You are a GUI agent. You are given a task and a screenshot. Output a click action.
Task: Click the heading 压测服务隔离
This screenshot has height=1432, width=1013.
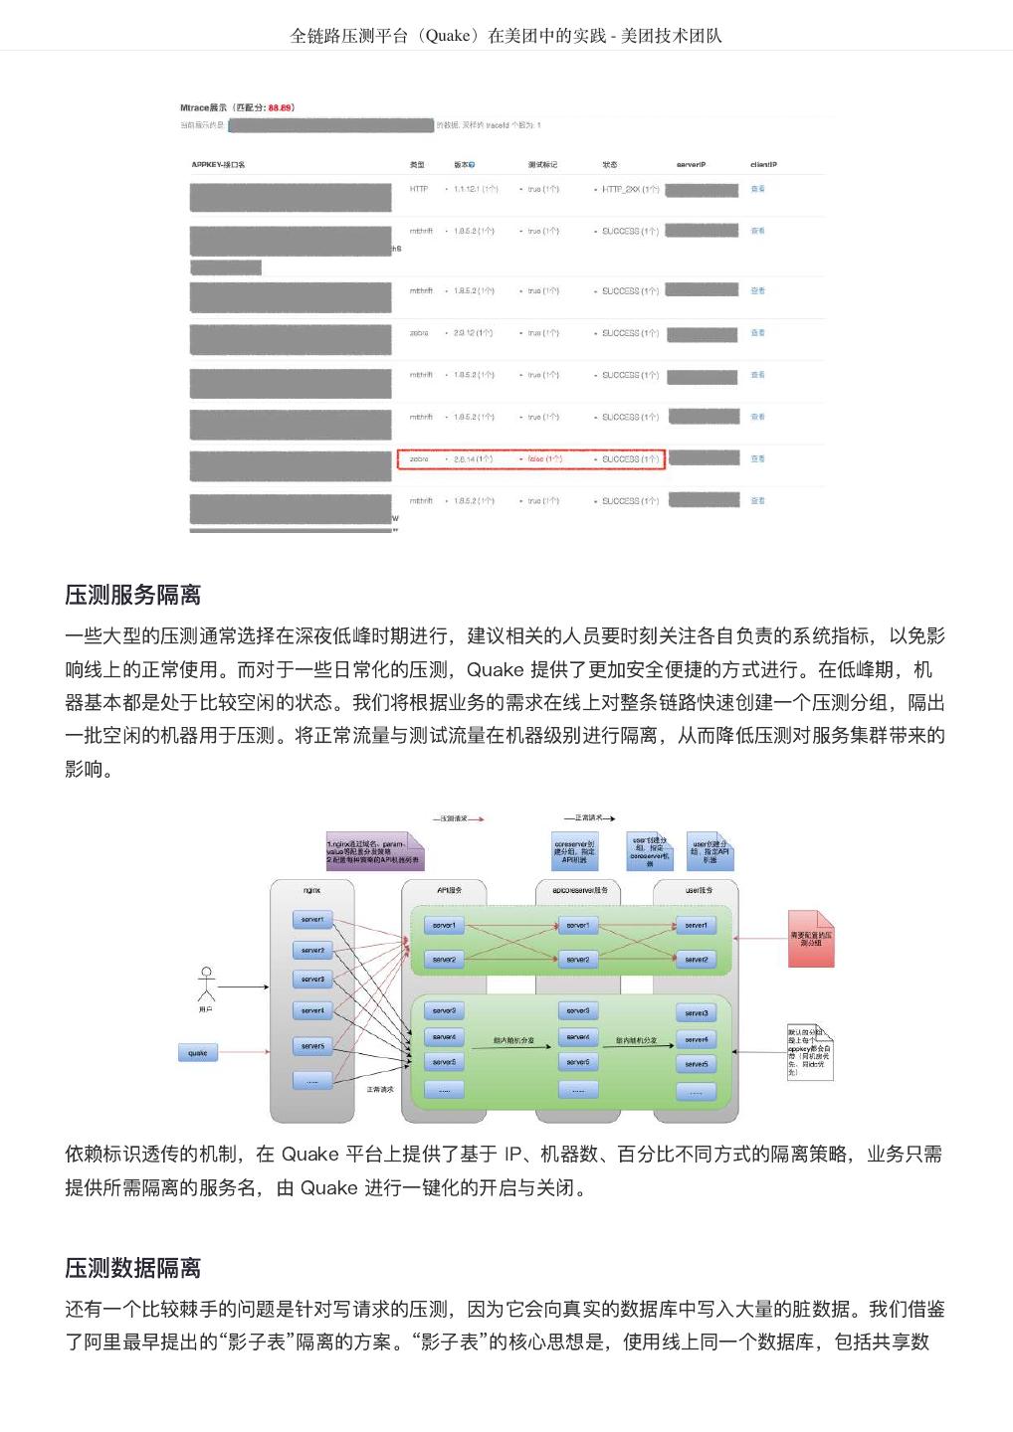coord(133,595)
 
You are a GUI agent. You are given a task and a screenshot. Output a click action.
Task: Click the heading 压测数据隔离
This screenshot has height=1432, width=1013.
coord(133,1268)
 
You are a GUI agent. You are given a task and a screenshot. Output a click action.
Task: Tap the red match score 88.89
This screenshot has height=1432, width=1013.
coord(280,107)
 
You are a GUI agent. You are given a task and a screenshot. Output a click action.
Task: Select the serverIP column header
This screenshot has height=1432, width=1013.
coord(691,164)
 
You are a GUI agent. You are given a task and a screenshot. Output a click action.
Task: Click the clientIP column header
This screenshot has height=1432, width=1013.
coord(763,164)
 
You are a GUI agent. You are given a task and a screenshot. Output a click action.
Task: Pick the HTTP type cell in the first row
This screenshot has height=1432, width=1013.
coord(419,189)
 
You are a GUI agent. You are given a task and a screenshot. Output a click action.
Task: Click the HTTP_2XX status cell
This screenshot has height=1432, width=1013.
coord(630,189)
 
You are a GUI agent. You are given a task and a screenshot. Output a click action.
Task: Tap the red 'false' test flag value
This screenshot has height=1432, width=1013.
coord(543,459)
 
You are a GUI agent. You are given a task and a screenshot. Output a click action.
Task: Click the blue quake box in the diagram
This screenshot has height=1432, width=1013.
coord(198,1053)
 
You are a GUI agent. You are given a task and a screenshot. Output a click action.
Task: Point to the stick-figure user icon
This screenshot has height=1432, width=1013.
coord(206,984)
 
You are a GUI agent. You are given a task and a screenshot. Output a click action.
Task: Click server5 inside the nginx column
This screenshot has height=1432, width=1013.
coord(312,1046)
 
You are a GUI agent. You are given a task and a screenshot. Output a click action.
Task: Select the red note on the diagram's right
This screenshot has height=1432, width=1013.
coord(811,938)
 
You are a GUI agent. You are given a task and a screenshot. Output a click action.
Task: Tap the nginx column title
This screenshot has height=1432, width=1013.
coord(311,890)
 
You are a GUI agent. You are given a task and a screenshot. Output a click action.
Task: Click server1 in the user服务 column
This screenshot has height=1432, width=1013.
coord(697,925)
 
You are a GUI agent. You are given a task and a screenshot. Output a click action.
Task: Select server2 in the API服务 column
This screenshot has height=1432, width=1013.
coord(444,960)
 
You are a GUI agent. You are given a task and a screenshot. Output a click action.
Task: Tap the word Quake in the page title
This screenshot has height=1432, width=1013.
coord(447,36)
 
